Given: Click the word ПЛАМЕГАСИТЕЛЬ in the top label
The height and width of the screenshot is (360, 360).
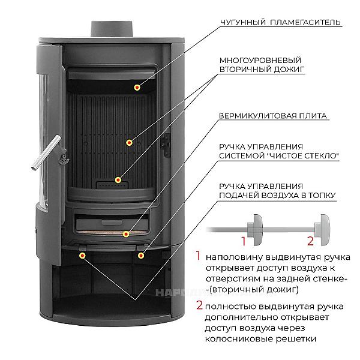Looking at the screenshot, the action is [305, 22].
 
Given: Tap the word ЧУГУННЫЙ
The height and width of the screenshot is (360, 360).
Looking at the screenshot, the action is [242, 22].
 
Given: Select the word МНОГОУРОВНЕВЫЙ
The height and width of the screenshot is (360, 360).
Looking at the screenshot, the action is [260, 61].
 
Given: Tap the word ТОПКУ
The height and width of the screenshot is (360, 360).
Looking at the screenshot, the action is [321, 195].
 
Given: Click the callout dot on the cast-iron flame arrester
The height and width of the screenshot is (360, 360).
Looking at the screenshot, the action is [137, 87].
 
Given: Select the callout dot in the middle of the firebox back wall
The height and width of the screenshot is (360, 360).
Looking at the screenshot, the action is [129, 143].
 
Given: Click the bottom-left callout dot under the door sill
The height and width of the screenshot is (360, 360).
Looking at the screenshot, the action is [82, 256].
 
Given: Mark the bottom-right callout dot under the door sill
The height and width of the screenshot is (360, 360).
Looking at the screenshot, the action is [141, 256].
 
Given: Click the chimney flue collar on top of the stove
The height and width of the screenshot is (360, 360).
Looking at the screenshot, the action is [112, 29].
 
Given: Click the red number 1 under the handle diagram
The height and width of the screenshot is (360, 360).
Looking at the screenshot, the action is [244, 241].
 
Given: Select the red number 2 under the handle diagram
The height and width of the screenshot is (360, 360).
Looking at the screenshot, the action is [310, 241].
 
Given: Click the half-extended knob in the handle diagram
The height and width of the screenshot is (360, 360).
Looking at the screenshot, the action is [255, 230].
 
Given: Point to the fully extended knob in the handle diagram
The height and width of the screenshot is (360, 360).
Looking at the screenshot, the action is [322, 230].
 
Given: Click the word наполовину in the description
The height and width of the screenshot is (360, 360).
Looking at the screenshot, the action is [233, 257].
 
